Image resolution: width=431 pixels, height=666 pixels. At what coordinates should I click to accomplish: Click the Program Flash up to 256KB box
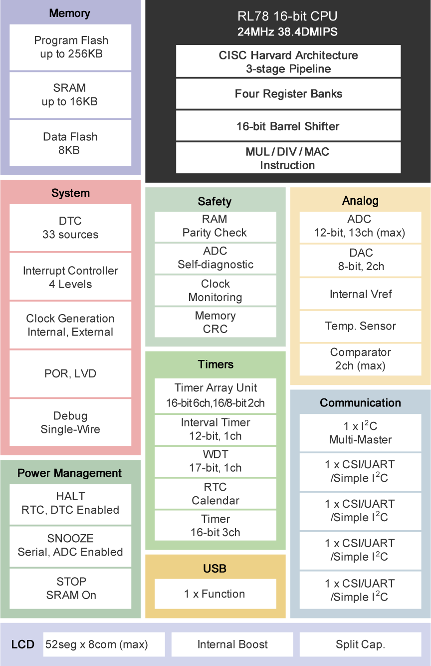tap(70, 47)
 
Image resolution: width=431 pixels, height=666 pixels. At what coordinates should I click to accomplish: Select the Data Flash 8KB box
tap(70, 143)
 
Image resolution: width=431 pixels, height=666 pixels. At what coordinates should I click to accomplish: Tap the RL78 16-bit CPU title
tap(287, 17)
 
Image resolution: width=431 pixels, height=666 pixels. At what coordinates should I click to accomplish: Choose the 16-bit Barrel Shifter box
tap(288, 126)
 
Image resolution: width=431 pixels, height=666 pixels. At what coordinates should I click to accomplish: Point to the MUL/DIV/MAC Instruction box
tap(288, 158)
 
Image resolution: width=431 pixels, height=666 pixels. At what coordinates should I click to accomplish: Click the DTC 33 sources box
tap(70, 228)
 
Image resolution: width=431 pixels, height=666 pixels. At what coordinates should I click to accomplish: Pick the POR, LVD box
tap(70, 373)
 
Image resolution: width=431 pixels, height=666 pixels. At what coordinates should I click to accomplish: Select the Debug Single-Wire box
tap(70, 422)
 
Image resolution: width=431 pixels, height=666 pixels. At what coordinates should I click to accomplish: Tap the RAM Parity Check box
tap(215, 226)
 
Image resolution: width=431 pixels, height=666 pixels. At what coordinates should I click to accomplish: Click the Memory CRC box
tap(215, 323)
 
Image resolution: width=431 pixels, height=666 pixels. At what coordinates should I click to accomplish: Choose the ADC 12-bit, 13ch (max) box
tap(360, 226)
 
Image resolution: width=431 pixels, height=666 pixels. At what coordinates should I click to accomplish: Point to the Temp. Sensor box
tap(360, 327)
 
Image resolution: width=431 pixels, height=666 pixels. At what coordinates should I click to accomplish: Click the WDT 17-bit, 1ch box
tap(215, 461)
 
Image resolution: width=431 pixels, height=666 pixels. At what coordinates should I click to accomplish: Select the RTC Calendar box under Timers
tap(215, 494)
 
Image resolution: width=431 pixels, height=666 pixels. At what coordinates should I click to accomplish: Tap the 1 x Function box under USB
tap(215, 594)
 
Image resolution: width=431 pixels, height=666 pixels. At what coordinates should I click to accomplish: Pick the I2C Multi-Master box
tap(360, 433)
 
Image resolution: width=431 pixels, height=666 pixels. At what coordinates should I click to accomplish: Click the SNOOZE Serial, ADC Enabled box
tap(70, 546)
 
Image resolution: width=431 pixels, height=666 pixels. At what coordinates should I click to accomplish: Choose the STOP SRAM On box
tap(70, 588)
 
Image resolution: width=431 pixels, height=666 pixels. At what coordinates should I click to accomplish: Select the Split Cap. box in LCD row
tap(360, 645)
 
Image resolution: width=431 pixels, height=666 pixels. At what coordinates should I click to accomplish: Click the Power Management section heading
tap(70, 473)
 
